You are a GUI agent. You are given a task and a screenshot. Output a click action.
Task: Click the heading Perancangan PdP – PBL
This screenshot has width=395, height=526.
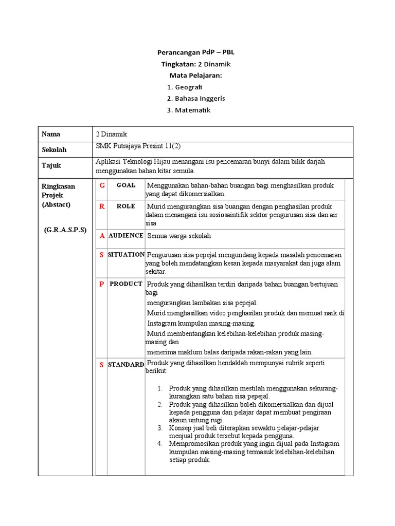click(195, 52)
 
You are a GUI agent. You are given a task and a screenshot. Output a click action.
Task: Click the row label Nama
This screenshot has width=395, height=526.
click(51, 134)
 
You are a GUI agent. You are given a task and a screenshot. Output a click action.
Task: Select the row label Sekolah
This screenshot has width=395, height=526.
click(54, 150)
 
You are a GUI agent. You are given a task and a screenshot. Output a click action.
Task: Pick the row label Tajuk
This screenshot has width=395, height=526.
click(51, 165)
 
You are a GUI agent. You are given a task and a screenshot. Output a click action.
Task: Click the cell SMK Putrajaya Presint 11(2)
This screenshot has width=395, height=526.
click(139, 146)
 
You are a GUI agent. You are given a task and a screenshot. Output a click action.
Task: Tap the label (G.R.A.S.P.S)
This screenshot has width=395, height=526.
click(65, 230)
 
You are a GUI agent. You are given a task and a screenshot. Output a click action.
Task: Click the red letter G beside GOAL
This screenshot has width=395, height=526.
click(102, 185)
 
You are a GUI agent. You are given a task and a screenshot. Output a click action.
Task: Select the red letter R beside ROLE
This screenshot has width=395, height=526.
click(102, 206)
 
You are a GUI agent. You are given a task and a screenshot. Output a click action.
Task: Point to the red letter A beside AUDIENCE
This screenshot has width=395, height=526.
click(102, 236)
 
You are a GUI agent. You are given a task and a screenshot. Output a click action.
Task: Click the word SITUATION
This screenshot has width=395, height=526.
click(126, 254)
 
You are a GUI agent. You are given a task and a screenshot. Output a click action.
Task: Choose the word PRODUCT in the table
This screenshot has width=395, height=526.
click(126, 284)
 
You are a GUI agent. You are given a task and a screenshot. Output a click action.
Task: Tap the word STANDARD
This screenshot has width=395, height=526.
click(126, 364)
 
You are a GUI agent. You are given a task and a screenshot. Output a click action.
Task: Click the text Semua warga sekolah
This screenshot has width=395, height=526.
click(179, 236)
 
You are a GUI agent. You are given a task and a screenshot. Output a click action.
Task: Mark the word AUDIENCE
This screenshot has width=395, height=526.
click(126, 235)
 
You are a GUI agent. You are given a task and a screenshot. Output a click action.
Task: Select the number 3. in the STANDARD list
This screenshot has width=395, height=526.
click(160, 427)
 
